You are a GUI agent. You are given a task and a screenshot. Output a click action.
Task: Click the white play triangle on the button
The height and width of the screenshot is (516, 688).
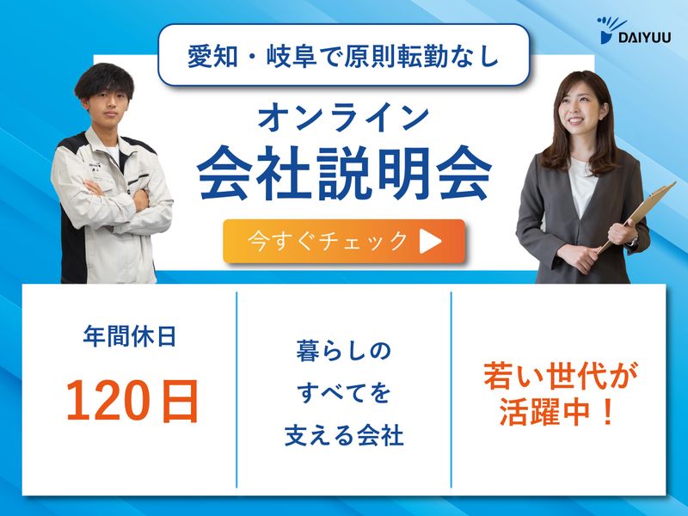pyautogui.click(x=430, y=242)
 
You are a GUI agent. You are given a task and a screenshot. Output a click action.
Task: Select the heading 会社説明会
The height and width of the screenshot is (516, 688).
pyautogui.click(x=344, y=172)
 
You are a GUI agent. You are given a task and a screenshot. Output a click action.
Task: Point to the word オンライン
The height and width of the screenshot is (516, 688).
pyautogui.click(x=344, y=115)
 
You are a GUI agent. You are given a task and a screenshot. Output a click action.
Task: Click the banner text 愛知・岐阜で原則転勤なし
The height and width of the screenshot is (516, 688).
pyautogui.click(x=344, y=55)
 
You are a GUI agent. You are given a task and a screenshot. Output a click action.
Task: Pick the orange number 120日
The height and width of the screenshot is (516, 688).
pyautogui.click(x=132, y=400)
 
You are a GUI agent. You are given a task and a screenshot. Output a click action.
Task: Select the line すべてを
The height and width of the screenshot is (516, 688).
pyautogui.click(x=344, y=394)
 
